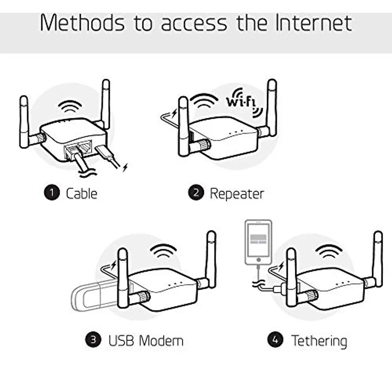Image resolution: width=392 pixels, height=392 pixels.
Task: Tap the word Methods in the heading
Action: pyautogui.click(x=82, y=23)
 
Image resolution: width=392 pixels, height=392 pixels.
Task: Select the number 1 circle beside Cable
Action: pyautogui.click(x=52, y=192)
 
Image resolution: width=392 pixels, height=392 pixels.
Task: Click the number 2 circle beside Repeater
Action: pyautogui.click(x=196, y=192)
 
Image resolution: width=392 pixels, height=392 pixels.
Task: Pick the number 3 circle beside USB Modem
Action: pyautogui.click(x=93, y=339)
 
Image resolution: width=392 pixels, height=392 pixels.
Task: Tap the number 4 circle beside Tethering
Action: pyautogui.click(x=275, y=339)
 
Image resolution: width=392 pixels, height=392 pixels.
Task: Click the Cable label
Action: pyautogui.click(x=81, y=193)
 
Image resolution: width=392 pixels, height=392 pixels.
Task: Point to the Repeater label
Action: pyautogui.click(x=237, y=194)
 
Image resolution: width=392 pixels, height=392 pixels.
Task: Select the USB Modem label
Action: pyautogui.click(x=146, y=340)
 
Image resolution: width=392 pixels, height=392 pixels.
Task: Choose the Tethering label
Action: pyautogui.click(x=319, y=341)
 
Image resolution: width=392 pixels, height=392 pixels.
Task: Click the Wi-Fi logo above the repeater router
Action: pyautogui.click(x=244, y=102)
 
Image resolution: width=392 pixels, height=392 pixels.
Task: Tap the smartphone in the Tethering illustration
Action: pyautogui.click(x=258, y=242)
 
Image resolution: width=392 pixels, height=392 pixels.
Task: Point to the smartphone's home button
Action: pyautogui.click(x=258, y=260)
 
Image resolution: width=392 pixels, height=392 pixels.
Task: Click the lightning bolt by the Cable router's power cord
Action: pyautogui.click(x=125, y=167)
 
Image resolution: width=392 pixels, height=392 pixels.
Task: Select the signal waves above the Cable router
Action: pyautogui.click(x=70, y=106)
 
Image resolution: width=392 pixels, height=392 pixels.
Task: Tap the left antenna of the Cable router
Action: pyautogui.click(x=24, y=122)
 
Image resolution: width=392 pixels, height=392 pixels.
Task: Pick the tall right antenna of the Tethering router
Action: pyautogui.click(x=378, y=259)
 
